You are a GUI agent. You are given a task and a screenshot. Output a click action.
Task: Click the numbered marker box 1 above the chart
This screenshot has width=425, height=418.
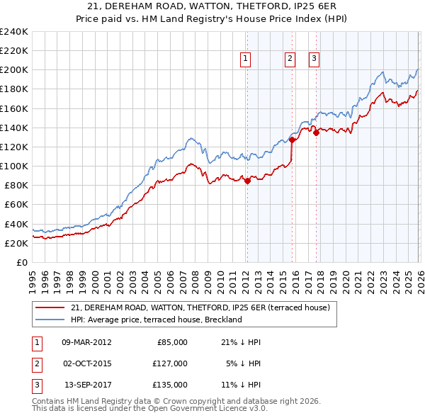[x=245, y=60]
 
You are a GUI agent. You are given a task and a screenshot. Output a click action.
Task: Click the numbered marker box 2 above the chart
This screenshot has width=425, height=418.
[x=290, y=60]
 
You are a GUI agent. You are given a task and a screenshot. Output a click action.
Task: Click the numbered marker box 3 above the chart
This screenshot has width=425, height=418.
[x=314, y=60]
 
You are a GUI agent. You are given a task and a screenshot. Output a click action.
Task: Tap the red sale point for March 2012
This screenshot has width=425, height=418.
[x=247, y=181]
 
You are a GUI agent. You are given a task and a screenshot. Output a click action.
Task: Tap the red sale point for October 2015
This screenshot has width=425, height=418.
[x=292, y=140]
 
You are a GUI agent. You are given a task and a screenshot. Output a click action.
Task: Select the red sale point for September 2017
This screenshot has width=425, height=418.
[x=316, y=132]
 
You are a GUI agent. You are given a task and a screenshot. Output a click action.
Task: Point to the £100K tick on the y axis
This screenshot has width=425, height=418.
[x=14, y=166]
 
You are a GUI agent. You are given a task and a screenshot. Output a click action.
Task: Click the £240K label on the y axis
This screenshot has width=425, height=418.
[x=14, y=32]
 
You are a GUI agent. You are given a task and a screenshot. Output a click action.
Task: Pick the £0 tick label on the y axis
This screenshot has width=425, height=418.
[x=21, y=262]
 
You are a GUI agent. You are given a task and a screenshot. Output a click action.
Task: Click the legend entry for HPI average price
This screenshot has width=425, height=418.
[x=157, y=320]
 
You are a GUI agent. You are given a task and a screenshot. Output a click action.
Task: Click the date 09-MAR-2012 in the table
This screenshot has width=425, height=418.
[x=86, y=342]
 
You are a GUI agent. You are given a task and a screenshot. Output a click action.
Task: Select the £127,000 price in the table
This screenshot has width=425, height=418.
[x=171, y=363]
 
